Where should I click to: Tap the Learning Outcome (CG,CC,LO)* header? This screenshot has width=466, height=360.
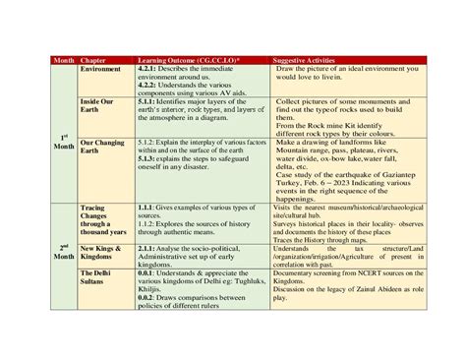(x=182, y=60)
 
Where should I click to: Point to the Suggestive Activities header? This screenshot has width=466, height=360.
(x=309, y=60)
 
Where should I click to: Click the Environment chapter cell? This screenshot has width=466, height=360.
(x=101, y=69)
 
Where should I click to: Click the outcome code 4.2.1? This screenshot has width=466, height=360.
(x=149, y=68)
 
